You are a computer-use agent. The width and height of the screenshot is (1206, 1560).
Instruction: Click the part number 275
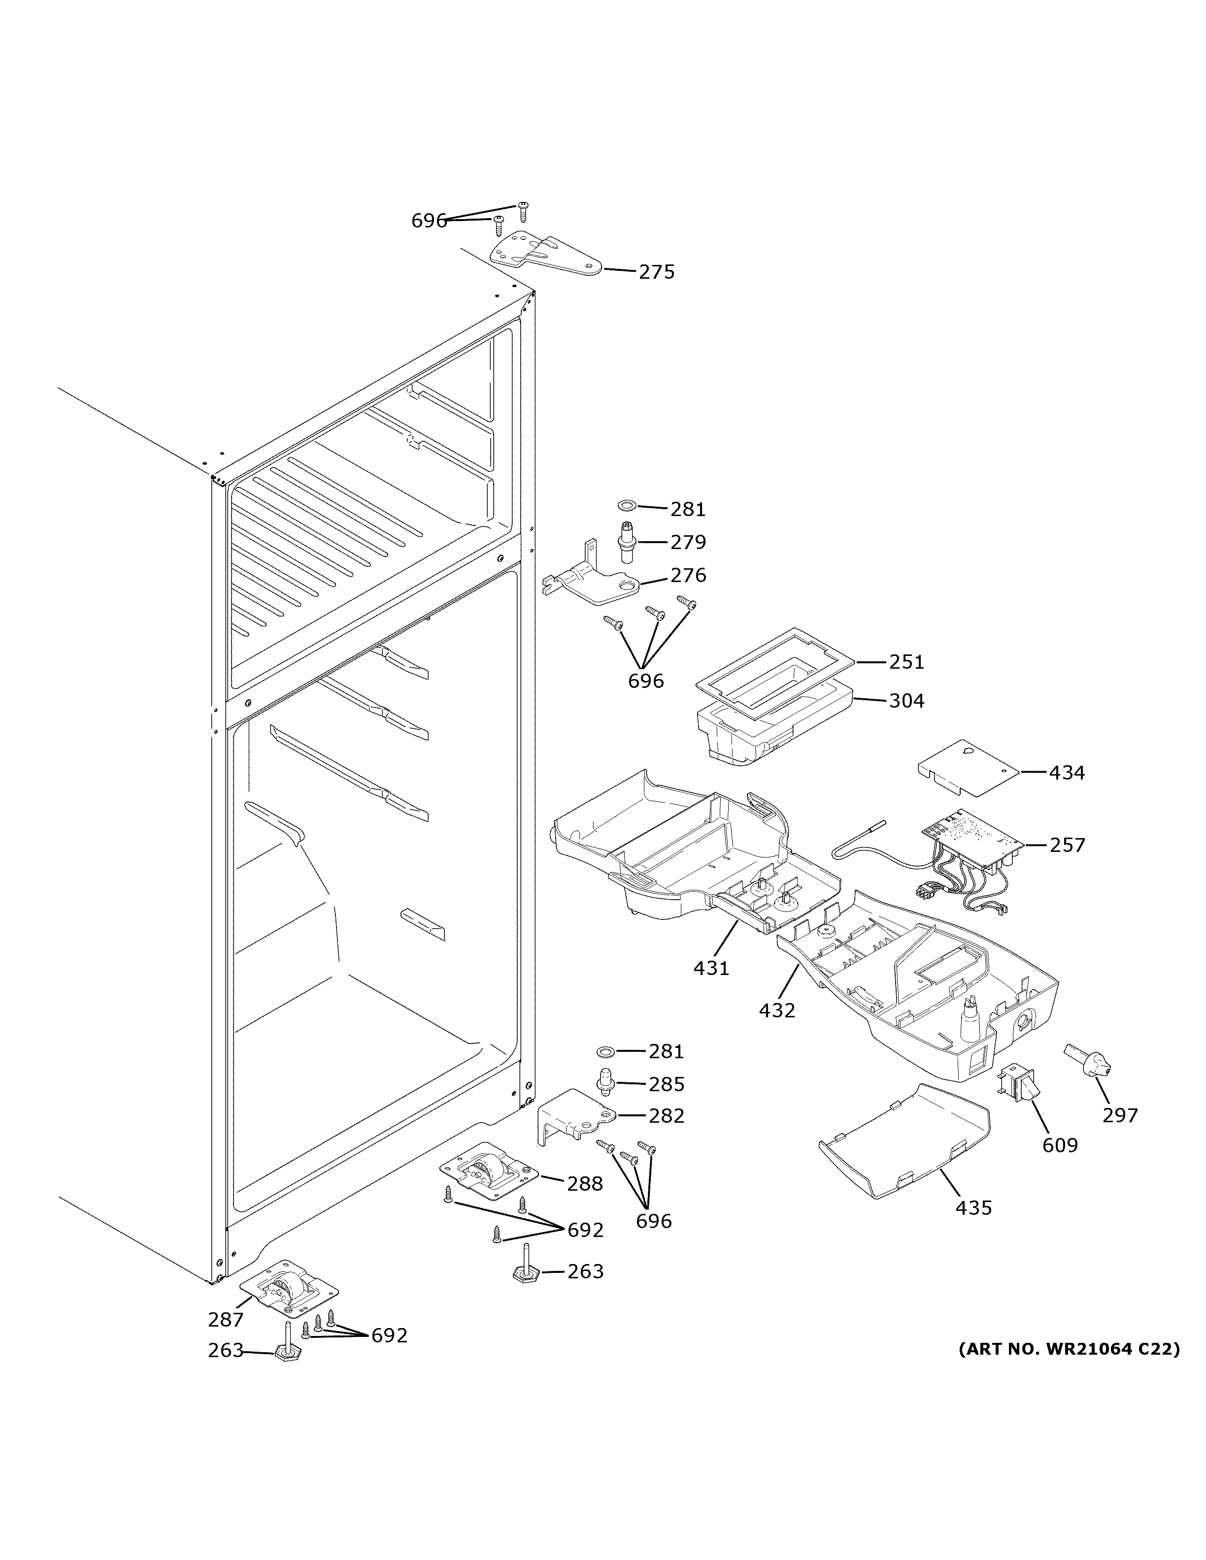point(656,272)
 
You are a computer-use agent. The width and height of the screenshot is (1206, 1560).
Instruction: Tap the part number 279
point(687,542)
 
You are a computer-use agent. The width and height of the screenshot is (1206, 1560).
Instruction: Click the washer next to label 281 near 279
point(627,506)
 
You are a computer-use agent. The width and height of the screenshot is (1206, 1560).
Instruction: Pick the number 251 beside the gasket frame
point(906,662)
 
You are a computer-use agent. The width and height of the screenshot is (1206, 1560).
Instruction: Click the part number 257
point(1067,845)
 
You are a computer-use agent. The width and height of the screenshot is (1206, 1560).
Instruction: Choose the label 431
point(711,969)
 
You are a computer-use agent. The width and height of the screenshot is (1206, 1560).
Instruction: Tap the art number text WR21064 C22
point(1070,1349)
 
